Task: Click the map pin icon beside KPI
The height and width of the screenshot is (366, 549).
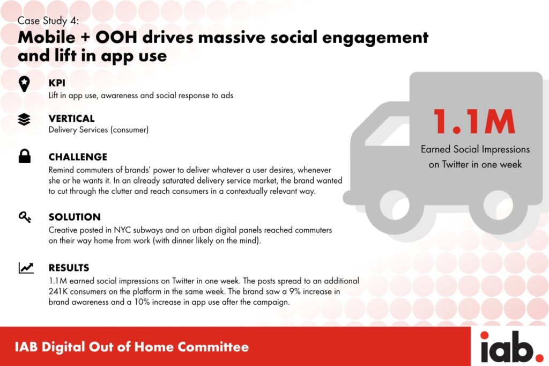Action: click(x=24, y=84)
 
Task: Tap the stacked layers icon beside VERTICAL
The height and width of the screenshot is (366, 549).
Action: click(x=24, y=120)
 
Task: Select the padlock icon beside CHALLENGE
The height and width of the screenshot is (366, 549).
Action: click(x=25, y=156)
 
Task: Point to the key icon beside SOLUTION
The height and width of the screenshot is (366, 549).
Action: click(x=25, y=217)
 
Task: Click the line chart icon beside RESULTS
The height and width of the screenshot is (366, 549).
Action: click(x=26, y=268)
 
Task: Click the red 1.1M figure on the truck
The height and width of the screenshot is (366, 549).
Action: click(x=474, y=121)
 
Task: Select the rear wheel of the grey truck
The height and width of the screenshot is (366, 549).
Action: click(x=498, y=206)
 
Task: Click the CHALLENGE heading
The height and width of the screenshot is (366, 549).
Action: click(x=78, y=157)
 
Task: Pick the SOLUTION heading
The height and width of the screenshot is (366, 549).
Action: click(x=75, y=217)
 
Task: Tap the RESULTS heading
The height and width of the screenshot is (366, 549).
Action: click(x=69, y=268)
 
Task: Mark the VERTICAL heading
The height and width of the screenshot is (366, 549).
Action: click(x=71, y=119)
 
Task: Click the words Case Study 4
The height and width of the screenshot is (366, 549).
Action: click(x=48, y=21)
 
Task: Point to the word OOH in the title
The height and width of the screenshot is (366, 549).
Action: click(x=116, y=38)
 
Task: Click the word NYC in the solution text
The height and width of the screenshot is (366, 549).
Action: click(x=122, y=230)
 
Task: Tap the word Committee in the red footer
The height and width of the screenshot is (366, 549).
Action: click(x=213, y=347)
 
